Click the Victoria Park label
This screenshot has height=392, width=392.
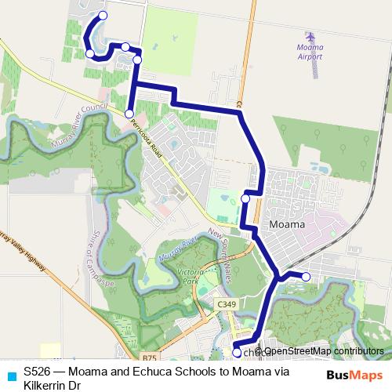click(x=187, y=276)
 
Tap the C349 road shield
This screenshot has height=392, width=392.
click(x=226, y=303)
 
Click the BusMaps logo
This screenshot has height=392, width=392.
click(x=354, y=375)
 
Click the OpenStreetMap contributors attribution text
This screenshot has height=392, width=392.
click(x=323, y=351)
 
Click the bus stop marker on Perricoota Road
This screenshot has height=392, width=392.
click(x=129, y=114)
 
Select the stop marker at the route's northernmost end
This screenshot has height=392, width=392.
click(x=103, y=16)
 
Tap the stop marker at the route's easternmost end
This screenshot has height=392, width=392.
click(x=306, y=277)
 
